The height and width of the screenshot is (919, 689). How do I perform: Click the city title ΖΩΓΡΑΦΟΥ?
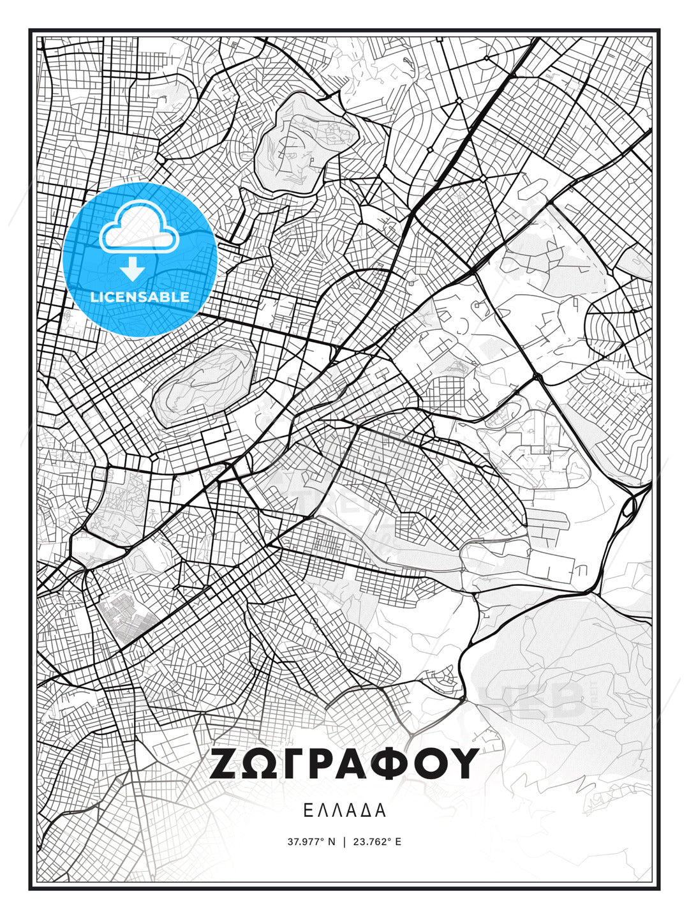344,763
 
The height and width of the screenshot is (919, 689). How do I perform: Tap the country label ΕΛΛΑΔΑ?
344,811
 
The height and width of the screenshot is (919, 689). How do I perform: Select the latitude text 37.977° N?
311,842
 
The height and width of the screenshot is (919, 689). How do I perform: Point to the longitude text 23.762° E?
378,842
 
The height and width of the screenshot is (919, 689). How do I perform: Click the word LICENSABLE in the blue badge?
140,297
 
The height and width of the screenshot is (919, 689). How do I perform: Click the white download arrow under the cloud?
133,269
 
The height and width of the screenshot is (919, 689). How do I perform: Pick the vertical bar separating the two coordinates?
344,842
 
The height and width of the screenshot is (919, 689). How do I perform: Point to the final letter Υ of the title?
464,763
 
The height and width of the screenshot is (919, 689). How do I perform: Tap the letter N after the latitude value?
331,842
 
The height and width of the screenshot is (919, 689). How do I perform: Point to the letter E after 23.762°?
399,842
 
